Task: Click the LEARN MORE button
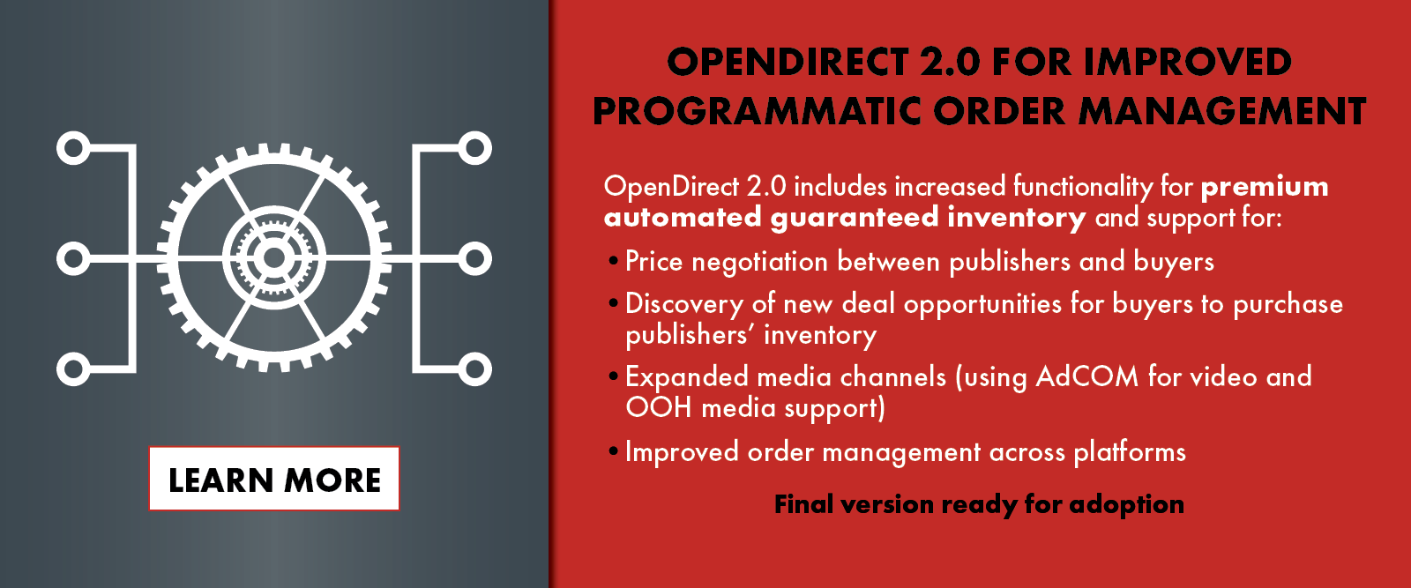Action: [x=274, y=479]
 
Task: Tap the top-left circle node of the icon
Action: [x=73, y=149]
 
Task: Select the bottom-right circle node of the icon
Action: [x=474, y=368]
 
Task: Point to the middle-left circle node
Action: [x=73, y=259]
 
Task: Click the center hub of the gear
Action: [x=274, y=257]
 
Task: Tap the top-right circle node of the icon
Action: [x=474, y=149]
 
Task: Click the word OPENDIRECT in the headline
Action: [x=788, y=62]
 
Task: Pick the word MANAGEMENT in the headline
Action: [x=1222, y=111]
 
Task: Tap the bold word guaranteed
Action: [x=855, y=218]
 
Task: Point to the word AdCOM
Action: [x=1087, y=376]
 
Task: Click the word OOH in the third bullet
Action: [x=658, y=408]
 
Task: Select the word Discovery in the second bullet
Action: [x=684, y=305]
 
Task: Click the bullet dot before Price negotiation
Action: [x=614, y=261]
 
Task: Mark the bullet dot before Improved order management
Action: [x=614, y=451]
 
